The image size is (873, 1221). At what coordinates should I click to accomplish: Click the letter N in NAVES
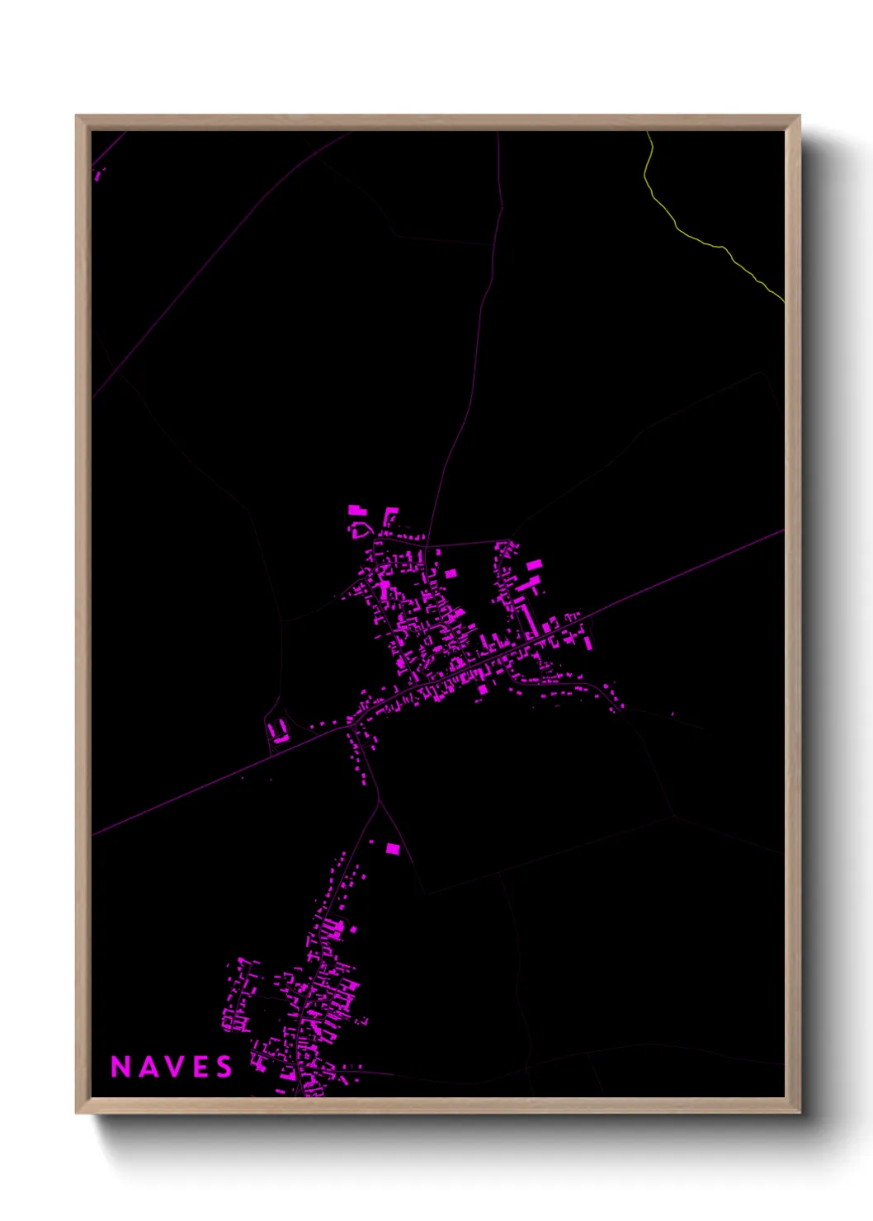[120, 1067]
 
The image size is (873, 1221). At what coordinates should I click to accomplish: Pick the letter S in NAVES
[224, 1067]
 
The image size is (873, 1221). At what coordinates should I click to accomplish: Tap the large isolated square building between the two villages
[393, 848]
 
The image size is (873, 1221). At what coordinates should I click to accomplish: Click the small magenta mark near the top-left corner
[99, 174]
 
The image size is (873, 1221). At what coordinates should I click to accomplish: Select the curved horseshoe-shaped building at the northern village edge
[361, 529]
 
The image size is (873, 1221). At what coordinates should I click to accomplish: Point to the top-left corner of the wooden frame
[77, 116]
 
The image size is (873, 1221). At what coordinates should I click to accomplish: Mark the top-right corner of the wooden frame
[799, 116]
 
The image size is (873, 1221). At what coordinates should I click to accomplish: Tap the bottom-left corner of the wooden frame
[77, 1112]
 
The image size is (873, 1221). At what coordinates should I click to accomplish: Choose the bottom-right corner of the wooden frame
[799, 1112]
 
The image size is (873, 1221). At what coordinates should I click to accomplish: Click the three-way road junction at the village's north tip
[427, 544]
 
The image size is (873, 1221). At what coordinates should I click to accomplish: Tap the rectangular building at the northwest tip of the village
[356, 510]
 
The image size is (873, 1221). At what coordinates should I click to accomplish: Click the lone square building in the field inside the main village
[451, 573]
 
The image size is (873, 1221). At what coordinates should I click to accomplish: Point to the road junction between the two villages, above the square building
[379, 800]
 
